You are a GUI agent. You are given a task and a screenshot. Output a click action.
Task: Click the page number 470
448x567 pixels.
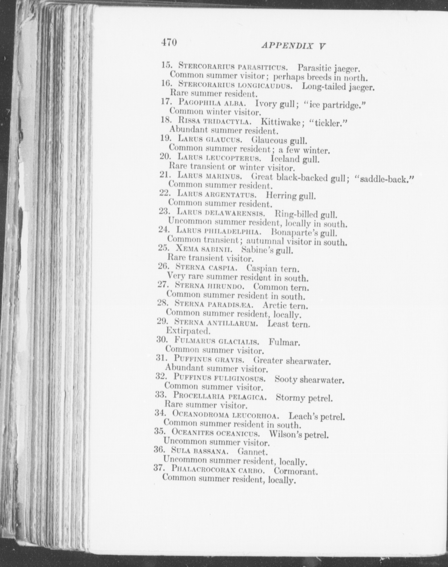pyautogui.click(x=169, y=43)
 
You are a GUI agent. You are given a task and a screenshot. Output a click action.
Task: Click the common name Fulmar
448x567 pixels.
pyautogui.click(x=284, y=342)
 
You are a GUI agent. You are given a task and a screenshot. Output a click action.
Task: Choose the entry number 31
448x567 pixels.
pyautogui.click(x=161, y=358)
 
